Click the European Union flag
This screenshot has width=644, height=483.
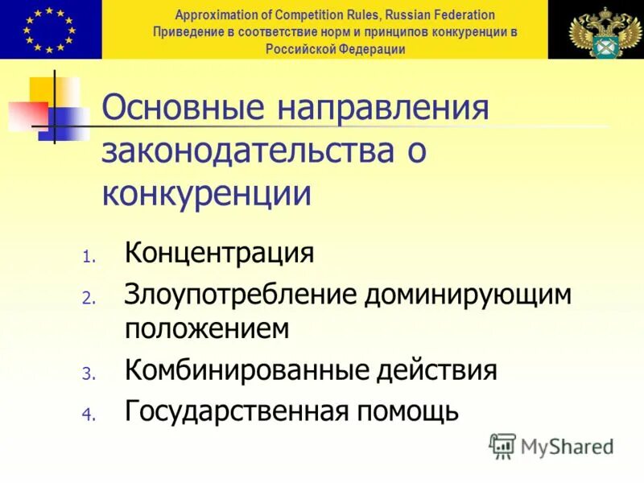pos(50,29)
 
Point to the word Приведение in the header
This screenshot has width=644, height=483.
pos(188,32)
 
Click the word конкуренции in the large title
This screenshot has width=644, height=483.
pos(207,194)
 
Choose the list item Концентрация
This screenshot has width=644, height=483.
pos(219,254)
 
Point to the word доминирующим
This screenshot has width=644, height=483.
pos(468,294)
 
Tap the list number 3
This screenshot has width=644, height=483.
pos(89,374)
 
